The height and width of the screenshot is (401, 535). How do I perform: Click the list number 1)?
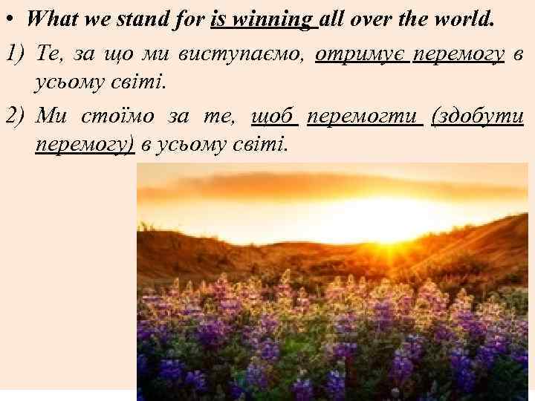coord(16,53)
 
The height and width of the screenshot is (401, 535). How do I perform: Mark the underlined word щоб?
coord(274,117)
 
